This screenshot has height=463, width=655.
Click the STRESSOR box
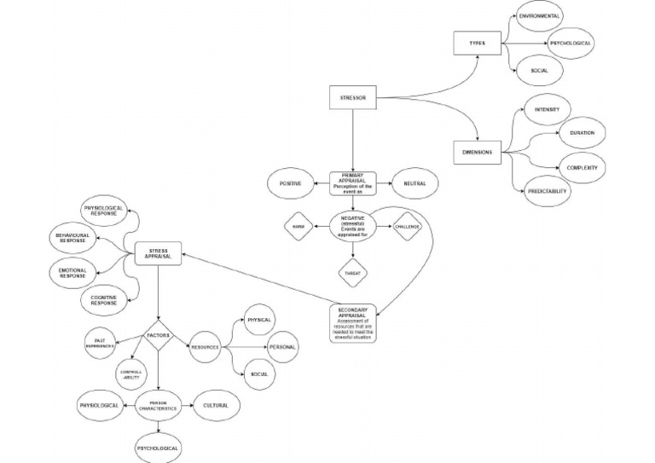coord(352,98)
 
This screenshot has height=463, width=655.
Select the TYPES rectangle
coord(476,43)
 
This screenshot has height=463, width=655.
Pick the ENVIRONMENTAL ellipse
coord(539,16)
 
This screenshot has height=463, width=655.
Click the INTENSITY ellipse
coord(547,110)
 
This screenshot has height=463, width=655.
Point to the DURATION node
coord(582,133)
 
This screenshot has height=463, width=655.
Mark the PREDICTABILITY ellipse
coord(547,192)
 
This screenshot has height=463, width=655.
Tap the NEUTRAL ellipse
coord(414,183)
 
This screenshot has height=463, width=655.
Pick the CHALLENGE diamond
coord(409,226)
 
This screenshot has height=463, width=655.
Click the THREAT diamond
coord(352,271)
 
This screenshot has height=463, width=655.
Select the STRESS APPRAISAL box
coord(159,252)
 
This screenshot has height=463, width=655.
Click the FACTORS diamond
coord(159,335)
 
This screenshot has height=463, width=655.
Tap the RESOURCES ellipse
coord(205,347)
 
